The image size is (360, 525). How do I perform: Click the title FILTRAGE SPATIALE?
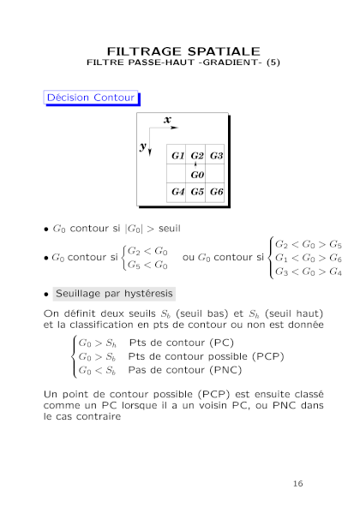(183, 51)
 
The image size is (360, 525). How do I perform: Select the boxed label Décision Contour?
(91, 98)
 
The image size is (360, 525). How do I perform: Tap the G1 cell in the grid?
(177, 155)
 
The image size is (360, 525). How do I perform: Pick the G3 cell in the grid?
(215, 155)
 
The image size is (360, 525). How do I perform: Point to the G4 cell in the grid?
(177, 192)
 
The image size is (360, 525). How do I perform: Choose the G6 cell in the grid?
(215, 192)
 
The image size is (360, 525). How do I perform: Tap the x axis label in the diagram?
(167, 120)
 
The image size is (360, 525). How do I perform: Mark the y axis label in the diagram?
(143, 146)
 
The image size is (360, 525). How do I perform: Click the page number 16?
(297, 484)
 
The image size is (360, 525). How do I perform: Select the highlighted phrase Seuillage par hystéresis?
(114, 294)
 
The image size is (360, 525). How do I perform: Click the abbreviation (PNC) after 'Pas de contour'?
(225, 370)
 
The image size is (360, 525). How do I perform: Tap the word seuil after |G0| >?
(169, 229)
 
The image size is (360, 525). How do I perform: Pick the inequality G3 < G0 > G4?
(309, 271)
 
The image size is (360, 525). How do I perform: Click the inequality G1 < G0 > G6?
(309, 258)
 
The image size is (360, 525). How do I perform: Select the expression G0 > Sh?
(97, 343)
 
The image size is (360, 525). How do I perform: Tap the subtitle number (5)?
(273, 63)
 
